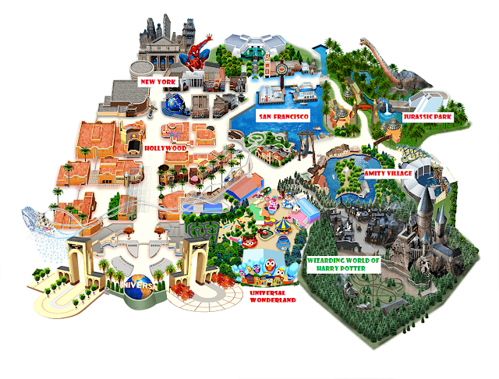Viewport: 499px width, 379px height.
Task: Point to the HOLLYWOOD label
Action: (x=166, y=146)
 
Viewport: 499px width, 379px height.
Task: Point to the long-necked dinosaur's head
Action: (x=363, y=41)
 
